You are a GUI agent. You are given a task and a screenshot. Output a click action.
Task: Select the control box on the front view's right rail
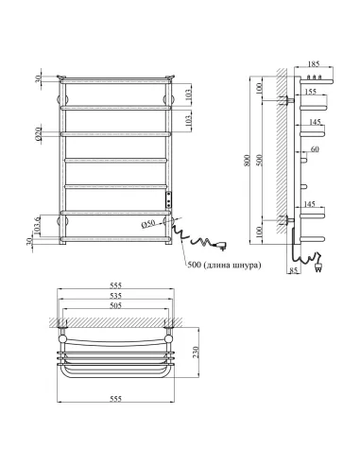coord(168,200)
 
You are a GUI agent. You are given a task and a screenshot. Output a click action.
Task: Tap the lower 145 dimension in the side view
coord(309,204)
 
